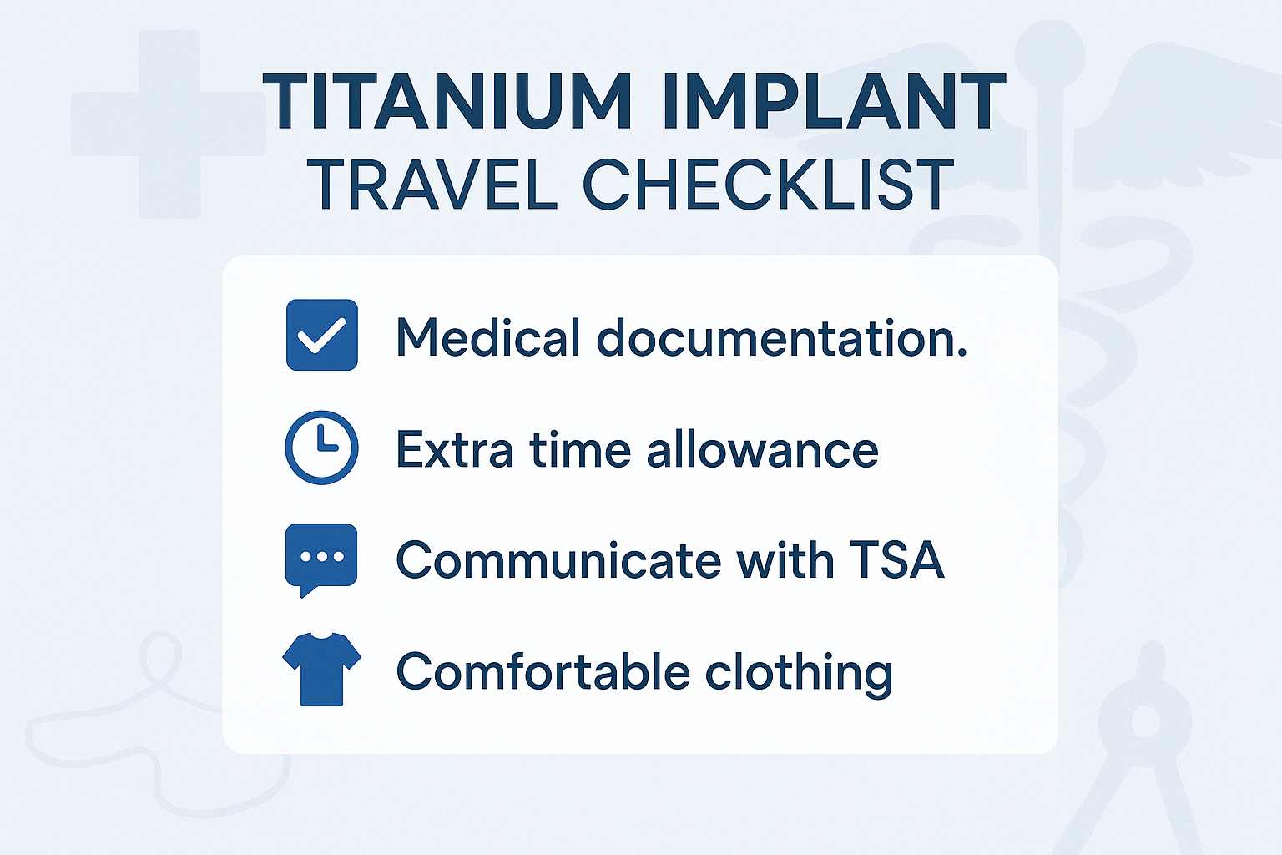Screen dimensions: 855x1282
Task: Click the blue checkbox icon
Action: (x=322, y=335)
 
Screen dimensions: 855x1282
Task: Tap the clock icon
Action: (x=322, y=448)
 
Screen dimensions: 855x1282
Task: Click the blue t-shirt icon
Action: (x=321, y=669)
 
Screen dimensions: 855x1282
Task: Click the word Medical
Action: (x=488, y=337)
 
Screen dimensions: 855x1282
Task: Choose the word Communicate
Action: (x=558, y=559)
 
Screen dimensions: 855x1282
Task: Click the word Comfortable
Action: (x=543, y=672)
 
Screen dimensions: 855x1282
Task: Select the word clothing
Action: (x=799, y=672)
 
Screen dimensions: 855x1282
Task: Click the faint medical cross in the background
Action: (x=168, y=124)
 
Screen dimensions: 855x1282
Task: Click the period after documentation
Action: (x=961, y=354)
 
